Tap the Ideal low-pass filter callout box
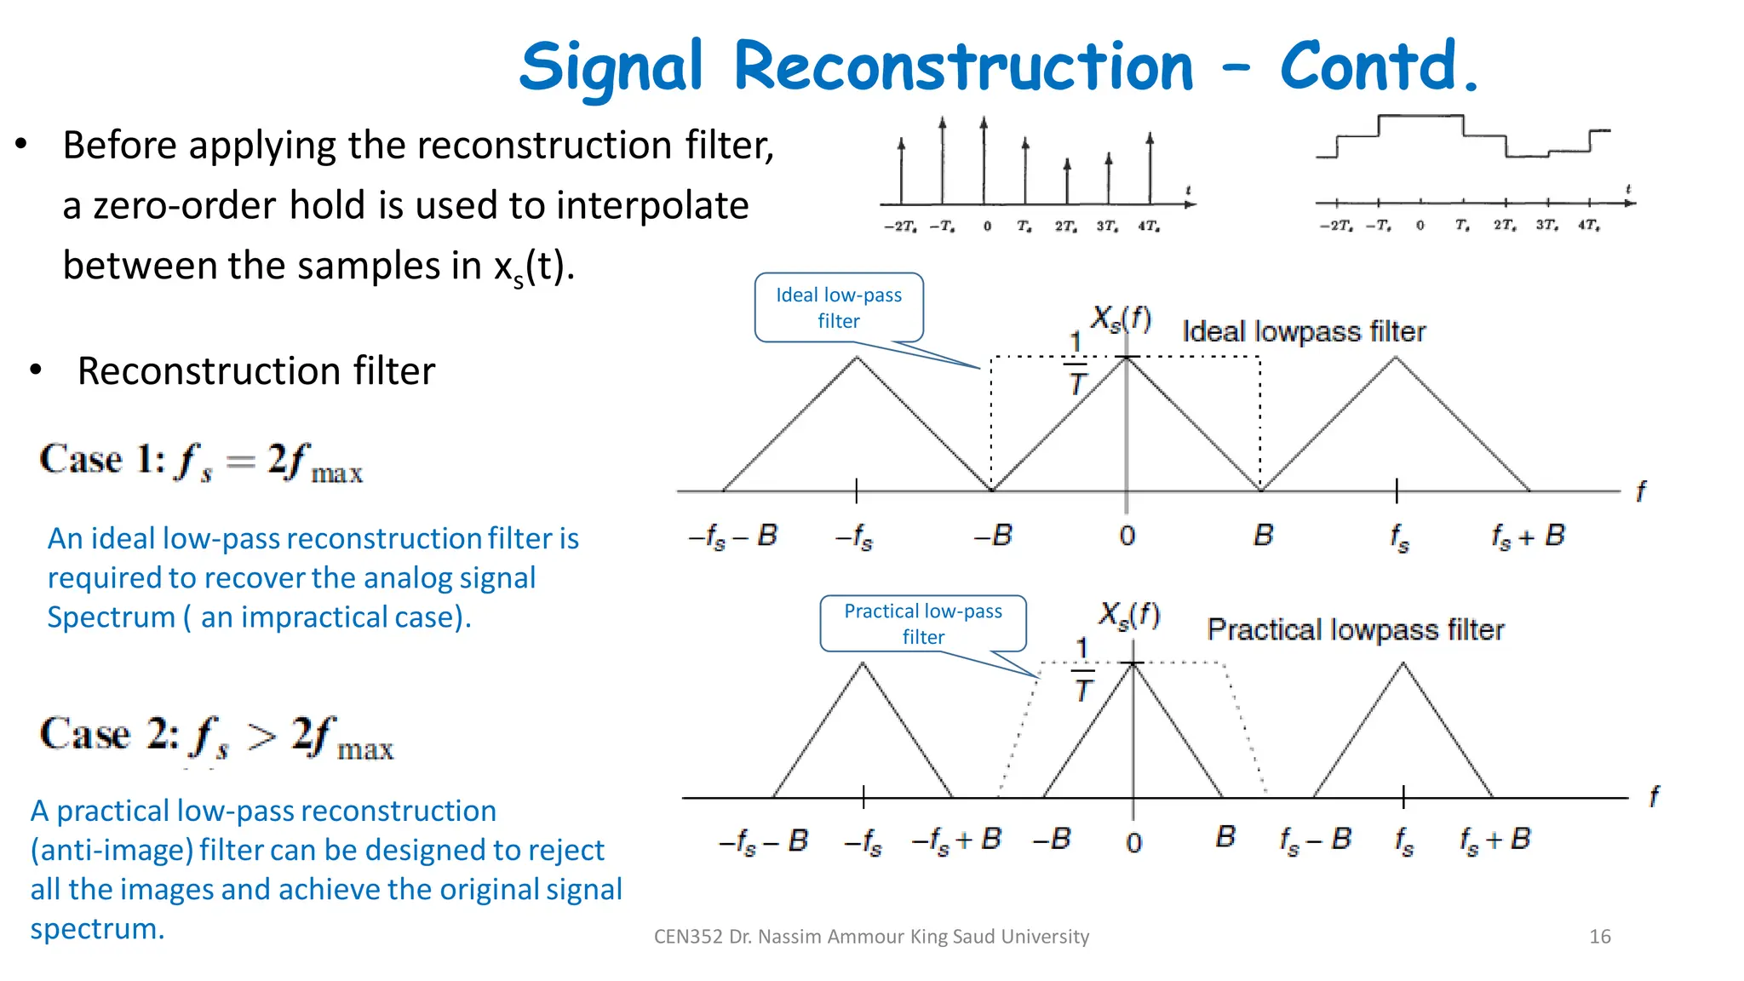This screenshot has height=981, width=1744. tap(839, 307)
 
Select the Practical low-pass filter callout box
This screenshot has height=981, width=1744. tap(923, 623)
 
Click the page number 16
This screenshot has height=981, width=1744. tap(1599, 936)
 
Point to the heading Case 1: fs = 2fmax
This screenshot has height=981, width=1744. tap(201, 462)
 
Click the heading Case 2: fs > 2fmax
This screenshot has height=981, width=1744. tap(216, 737)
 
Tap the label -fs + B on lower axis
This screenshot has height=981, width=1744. tap(956, 840)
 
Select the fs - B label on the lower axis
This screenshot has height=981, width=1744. tap(1315, 840)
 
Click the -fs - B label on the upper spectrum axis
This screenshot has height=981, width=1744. tap(732, 536)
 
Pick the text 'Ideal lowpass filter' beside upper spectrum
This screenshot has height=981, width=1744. tap(1303, 331)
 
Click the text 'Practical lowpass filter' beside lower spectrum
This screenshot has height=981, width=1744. tap(1355, 629)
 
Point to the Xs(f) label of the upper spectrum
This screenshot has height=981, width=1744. tap(1121, 319)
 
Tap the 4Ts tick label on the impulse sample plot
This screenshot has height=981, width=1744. tap(1149, 227)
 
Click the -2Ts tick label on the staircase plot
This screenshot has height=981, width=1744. tap(1335, 226)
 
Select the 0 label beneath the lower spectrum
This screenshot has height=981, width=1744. tap(1133, 842)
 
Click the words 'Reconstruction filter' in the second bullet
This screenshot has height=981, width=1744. tap(255, 371)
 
